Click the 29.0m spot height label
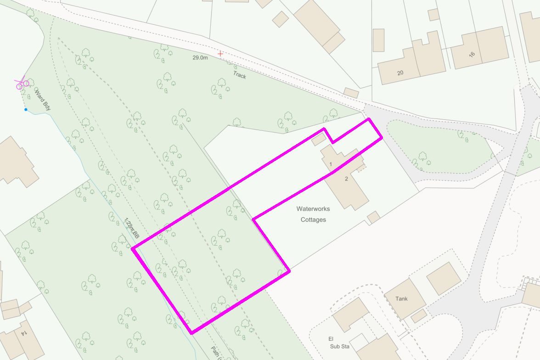(200, 58)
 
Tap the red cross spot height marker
(220, 54)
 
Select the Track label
(239, 75)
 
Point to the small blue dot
(26, 109)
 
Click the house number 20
(400, 73)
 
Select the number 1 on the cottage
(330, 163)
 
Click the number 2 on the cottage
(346, 179)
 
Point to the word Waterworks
(313, 209)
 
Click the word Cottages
(313, 219)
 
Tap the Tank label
(401, 298)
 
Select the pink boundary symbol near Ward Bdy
(22, 84)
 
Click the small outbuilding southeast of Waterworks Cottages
(373, 217)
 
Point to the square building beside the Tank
(443, 278)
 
